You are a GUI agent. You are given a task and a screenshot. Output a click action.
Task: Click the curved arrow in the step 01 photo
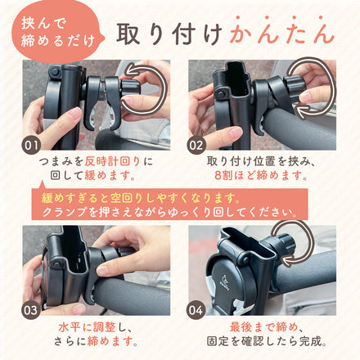click(148, 90)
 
